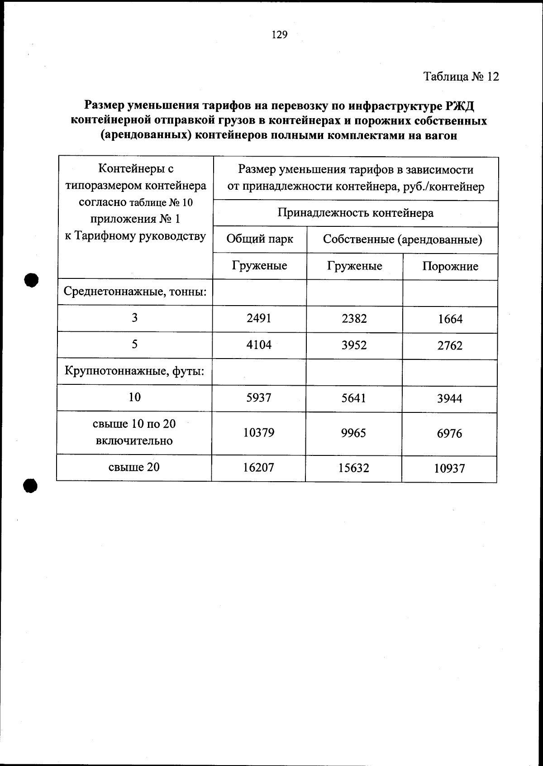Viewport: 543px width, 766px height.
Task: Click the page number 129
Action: [x=279, y=35]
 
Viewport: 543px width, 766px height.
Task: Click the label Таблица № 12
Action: [x=461, y=77]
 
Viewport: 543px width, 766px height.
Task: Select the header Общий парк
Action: [x=259, y=239]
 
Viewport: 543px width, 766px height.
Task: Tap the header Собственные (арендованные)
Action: [x=402, y=239]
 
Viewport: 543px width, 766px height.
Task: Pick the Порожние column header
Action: [x=450, y=266]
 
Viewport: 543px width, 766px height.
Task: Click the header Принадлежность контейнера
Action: [x=355, y=213]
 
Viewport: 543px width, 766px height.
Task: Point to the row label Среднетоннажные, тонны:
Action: [x=135, y=292]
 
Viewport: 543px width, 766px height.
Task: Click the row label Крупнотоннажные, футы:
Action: [x=134, y=372]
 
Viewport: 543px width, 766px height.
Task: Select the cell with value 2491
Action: [x=259, y=318]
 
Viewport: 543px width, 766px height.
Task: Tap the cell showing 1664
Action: [x=450, y=319]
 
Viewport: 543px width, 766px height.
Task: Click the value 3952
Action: [x=354, y=345]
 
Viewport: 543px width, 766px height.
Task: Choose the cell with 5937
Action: [x=259, y=398]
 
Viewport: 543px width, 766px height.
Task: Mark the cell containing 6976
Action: [x=449, y=434]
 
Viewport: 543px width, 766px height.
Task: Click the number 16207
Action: [x=258, y=468]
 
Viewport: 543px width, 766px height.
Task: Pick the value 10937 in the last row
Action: [x=449, y=469]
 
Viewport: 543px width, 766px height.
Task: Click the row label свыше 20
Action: [x=134, y=467]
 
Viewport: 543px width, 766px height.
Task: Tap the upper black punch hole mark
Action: [x=31, y=280]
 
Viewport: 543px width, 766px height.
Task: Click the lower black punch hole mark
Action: [x=30, y=485]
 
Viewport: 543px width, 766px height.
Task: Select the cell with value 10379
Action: [x=259, y=433]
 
